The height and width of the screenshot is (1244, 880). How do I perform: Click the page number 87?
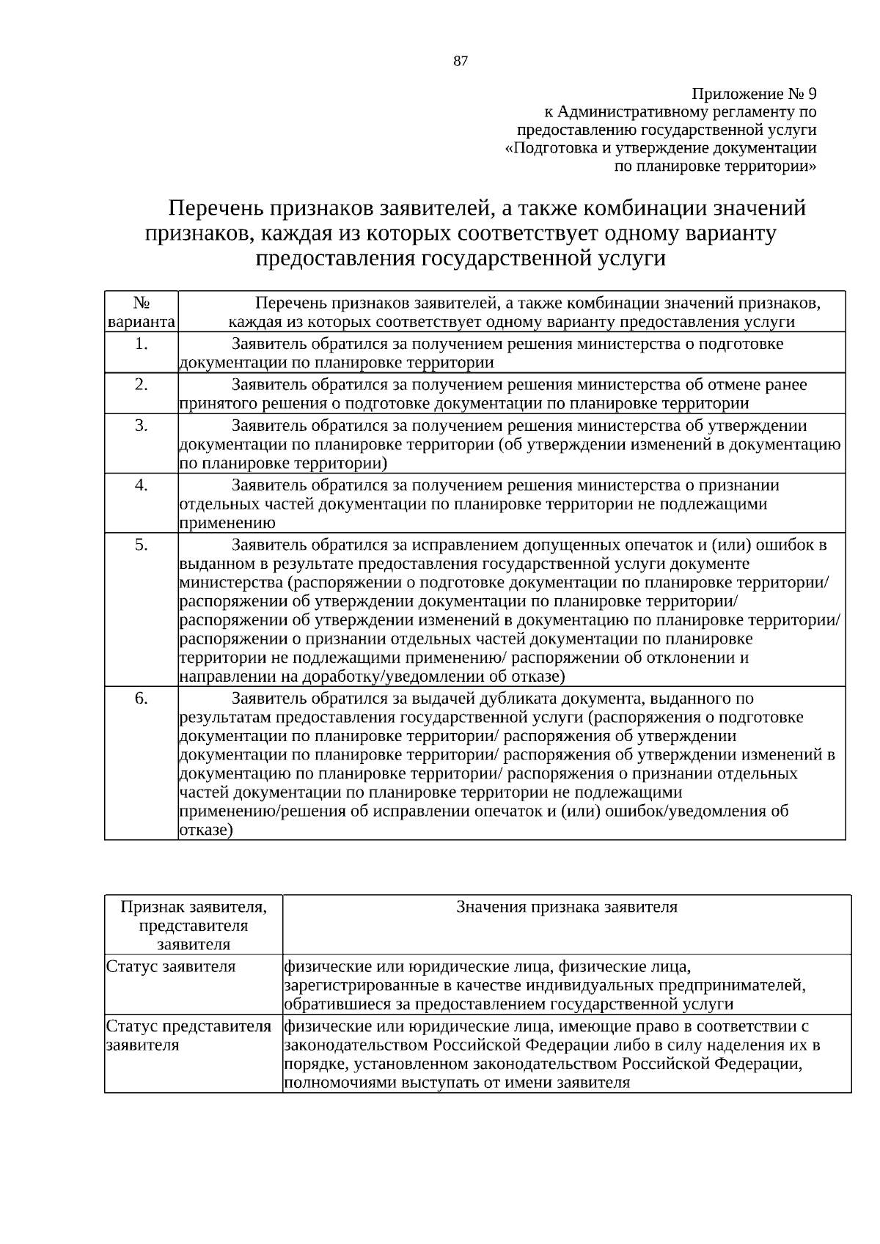coord(461,62)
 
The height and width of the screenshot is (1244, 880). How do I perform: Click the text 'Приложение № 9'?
coord(754,95)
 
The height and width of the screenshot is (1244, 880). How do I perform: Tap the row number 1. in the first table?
coord(142,344)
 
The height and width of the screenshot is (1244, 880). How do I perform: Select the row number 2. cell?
coord(142,385)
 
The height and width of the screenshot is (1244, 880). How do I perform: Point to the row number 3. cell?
coord(142,426)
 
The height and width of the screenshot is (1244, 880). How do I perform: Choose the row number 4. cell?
coord(142,485)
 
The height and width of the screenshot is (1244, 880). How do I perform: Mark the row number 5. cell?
coord(142,545)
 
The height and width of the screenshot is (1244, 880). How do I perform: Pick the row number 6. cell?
coord(142,699)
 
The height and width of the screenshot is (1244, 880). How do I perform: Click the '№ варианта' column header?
coord(142,312)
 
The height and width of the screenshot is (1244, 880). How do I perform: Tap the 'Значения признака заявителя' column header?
coord(567,907)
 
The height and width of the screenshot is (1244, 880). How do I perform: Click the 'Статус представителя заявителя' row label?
coord(189,1035)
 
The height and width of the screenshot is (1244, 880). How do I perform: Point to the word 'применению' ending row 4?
coord(227,523)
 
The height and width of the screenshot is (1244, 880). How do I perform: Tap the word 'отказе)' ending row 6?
coord(206,831)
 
